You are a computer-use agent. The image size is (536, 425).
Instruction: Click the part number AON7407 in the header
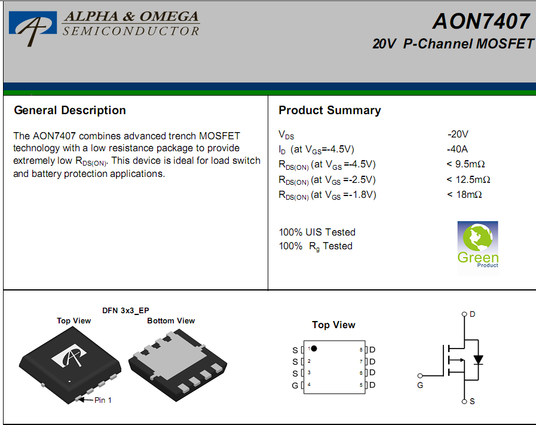tap(481, 21)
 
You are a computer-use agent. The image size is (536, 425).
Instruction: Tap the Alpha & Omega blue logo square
tap(33, 23)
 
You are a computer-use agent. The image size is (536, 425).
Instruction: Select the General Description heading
tap(70, 110)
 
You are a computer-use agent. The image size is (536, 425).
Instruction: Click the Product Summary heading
tap(329, 110)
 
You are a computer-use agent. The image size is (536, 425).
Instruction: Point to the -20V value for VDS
tap(458, 134)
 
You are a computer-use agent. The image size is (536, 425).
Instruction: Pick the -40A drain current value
tap(457, 149)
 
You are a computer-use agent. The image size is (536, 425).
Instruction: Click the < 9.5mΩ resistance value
tap(466, 164)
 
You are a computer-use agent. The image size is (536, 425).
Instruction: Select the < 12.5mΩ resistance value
tap(468, 179)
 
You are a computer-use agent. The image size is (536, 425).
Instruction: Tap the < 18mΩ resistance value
tap(464, 194)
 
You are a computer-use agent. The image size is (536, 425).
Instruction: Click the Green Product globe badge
tap(478, 247)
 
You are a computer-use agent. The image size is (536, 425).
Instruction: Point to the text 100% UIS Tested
tap(317, 232)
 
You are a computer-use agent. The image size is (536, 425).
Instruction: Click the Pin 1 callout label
tap(103, 400)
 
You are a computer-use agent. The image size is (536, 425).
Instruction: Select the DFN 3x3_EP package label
tap(125, 310)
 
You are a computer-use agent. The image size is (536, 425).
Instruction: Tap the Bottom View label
tap(171, 321)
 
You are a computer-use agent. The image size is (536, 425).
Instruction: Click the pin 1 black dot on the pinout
tap(314, 348)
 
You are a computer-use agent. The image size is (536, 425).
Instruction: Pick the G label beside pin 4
tap(295, 386)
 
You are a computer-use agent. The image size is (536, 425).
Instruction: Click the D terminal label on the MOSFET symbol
tap(473, 314)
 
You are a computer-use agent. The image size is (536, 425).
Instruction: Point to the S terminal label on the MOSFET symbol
tap(472, 402)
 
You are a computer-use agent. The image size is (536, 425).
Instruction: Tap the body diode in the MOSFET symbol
tap(478, 360)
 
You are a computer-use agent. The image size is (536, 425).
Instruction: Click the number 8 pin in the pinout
tap(361, 350)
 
